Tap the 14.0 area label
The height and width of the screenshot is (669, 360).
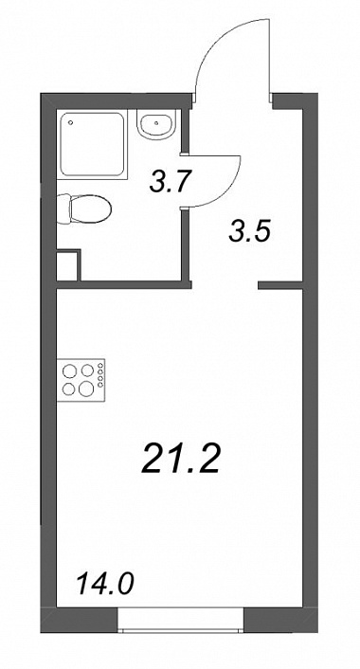pyautogui.click(x=105, y=584)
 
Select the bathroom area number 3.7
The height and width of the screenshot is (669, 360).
pyautogui.click(x=169, y=182)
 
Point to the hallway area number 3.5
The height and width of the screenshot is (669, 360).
pyautogui.click(x=249, y=232)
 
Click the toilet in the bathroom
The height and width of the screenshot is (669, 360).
pyautogui.click(x=84, y=208)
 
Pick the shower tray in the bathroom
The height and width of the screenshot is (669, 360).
pyautogui.click(x=92, y=145)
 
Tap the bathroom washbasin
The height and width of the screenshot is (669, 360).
pyautogui.click(x=156, y=123)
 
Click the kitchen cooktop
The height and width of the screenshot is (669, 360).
pyautogui.click(x=81, y=380)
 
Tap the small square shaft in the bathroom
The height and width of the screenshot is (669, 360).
pyautogui.click(x=68, y=265)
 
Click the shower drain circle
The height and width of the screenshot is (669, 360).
pyautogui.click(x=70, y=122)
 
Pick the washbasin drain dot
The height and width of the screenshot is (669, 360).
pyautogui.click(x=157, y=123)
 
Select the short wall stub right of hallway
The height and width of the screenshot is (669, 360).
pyautogui.click(x=280, y=285)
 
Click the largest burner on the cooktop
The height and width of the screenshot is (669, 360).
pyautogui.click(x=86, y=389)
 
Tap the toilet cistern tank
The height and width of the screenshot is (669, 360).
pyautogui.click(x=63, y=208)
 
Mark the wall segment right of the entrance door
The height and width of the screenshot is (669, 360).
pyautogui.click(x=295, y=100)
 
